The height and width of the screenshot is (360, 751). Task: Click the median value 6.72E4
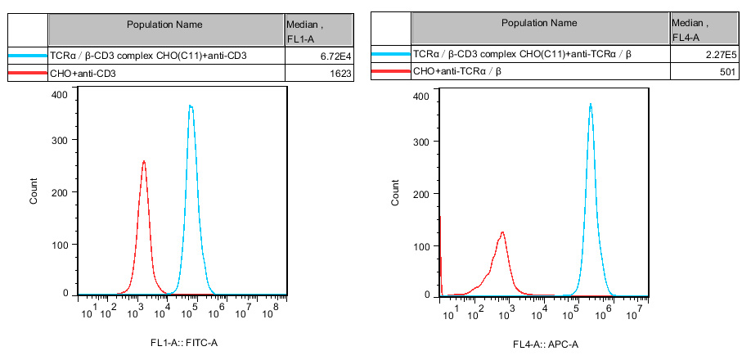(x=335, y=56)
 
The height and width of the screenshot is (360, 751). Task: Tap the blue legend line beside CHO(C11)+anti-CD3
(x=27, y=56)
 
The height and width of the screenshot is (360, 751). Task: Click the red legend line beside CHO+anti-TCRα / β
(x=390, y=74)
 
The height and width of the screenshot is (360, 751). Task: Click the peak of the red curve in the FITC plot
(x=144, y=161)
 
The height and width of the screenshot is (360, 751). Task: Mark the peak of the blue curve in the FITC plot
(x=191, y=106)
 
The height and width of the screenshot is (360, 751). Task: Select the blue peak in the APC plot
(x=591, y=104)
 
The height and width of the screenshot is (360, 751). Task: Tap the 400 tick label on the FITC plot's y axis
(x=60, y=95)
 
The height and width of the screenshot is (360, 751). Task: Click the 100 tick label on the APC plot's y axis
(x=420, y=246)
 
